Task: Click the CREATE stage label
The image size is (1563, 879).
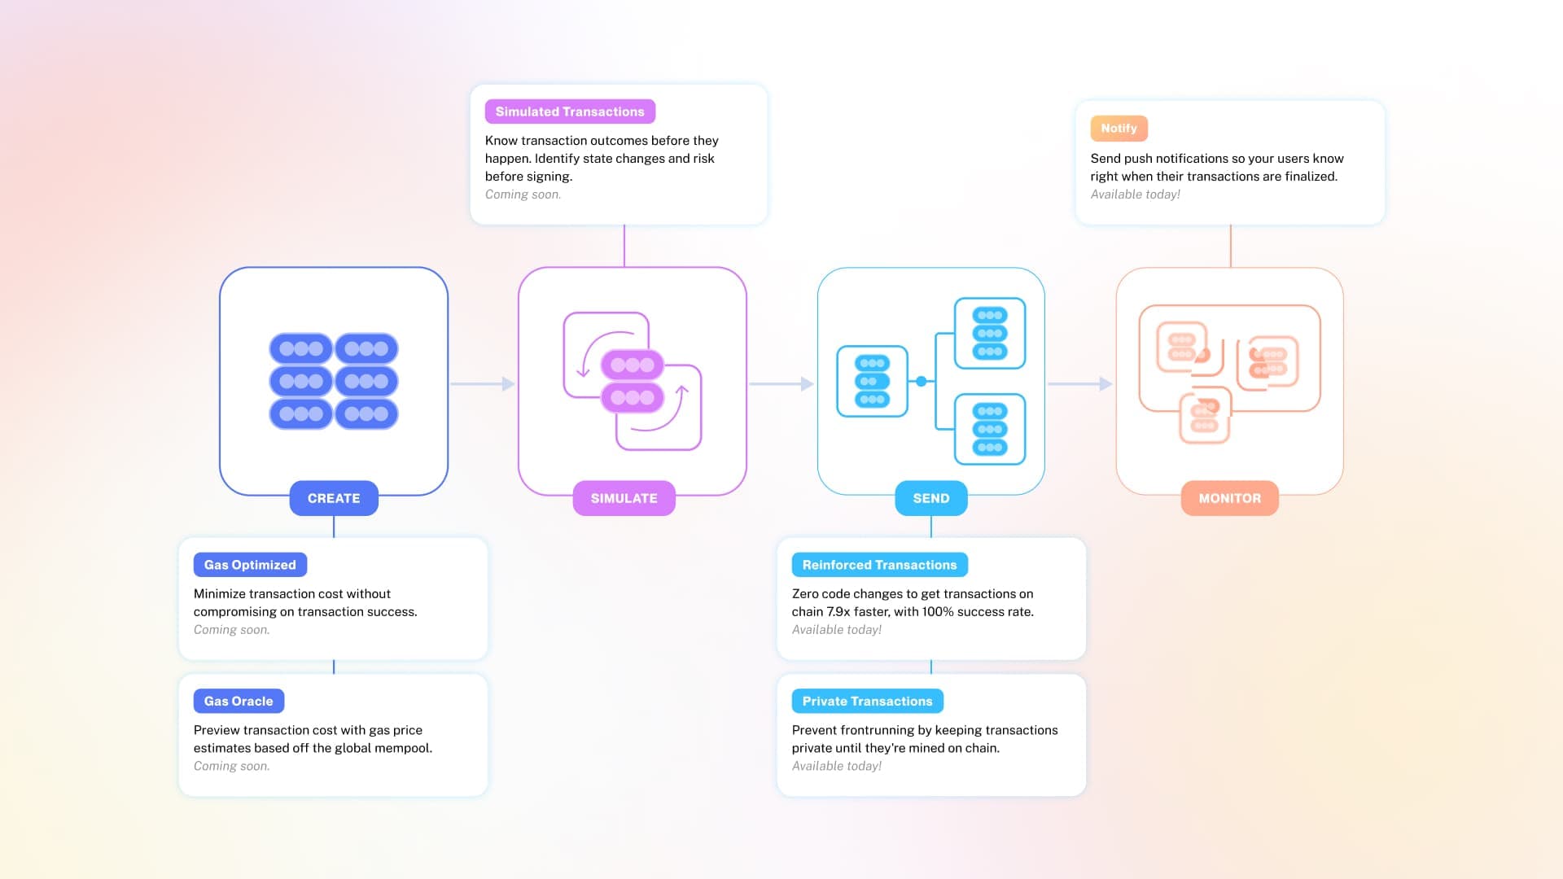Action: tap(334, 498)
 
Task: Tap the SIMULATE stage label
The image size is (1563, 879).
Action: tap(624, 498)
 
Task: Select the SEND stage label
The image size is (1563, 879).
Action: tap(930, 498)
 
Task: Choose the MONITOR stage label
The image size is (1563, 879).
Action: tap(1229, 498)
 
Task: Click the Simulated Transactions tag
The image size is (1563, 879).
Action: tap(570, 112)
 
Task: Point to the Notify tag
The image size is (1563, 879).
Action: tap(1119, 129)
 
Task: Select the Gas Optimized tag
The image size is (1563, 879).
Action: tap(250, 565)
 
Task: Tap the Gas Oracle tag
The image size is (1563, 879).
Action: tap(239, 701)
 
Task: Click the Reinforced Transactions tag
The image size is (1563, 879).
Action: tap(879, 565)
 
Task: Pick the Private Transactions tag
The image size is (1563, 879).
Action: tap(867, 701)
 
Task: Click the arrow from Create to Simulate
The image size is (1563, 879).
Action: tap(483, 383)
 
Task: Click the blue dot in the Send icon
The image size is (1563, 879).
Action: tap(921, 381)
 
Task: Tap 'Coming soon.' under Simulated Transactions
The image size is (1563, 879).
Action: tap(523, 195)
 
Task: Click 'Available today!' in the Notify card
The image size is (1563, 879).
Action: tap(1135, 195)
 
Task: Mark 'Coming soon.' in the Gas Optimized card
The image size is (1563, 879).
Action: tap(231, 630)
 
